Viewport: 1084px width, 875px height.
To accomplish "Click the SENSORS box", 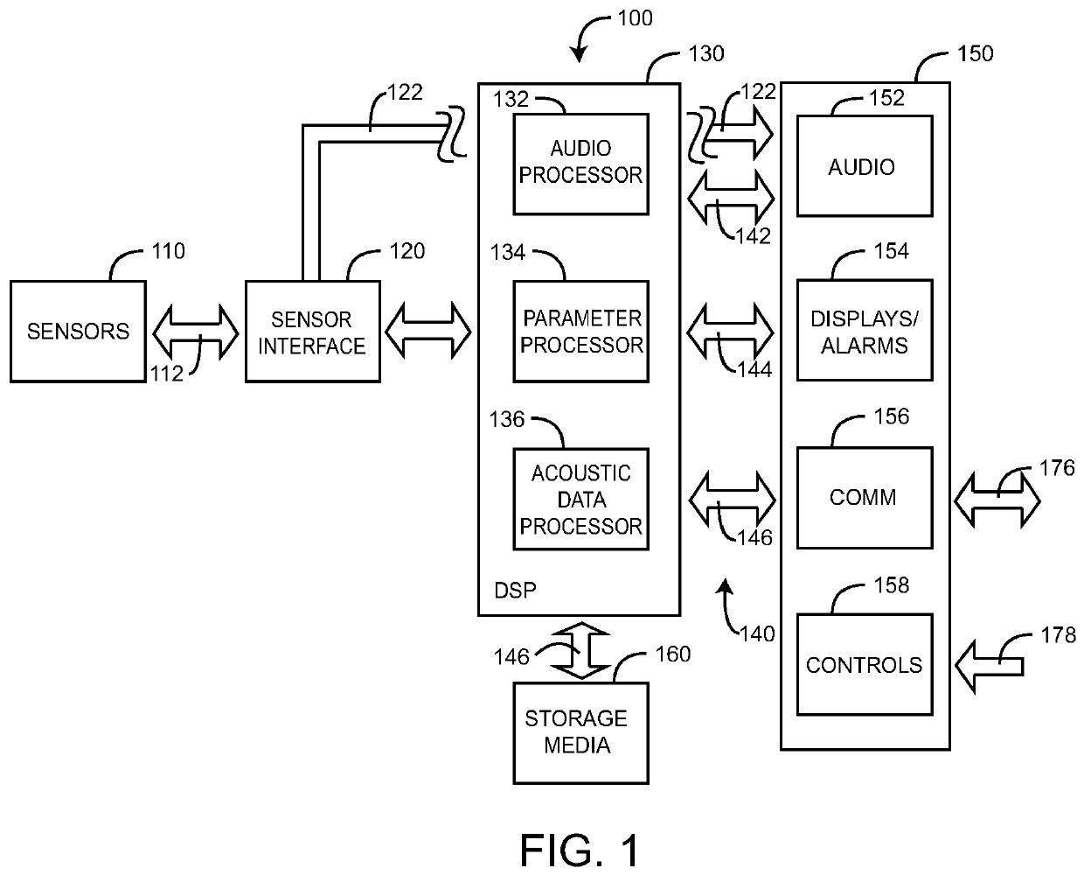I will coord(78,331).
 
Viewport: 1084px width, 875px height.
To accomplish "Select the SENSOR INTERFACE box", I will coord(312,331).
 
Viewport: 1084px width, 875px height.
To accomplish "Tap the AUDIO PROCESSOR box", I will coord(580,164).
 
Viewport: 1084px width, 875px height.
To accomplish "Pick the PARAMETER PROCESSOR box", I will coord(580,331).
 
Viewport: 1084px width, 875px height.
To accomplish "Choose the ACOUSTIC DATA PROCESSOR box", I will coord(580,499).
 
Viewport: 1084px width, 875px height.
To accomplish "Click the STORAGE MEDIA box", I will coord(575,732).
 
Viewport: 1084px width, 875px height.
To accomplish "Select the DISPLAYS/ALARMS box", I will coord(864,331).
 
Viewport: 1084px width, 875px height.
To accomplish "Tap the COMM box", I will coord(864,497).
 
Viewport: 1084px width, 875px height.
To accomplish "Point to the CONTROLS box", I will coord(864,664).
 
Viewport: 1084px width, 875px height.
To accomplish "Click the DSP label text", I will coord(516,591).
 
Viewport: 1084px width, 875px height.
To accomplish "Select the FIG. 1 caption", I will coord(580,849).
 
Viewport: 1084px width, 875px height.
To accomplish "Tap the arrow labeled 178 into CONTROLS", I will coord(990,665).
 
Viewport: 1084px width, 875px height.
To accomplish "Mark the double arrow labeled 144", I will coord(731,331).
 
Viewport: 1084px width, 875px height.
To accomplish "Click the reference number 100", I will coord(635,17).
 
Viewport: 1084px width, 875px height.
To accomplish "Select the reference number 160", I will coord(672,654).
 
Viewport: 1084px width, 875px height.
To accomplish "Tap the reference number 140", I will coord(757,633).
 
